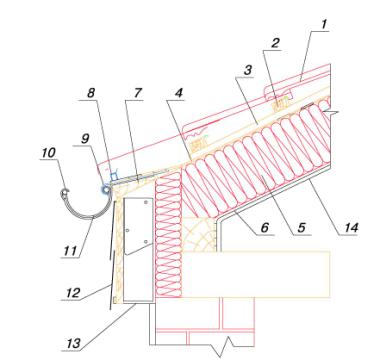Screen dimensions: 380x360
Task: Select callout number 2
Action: pyautogui.click(x=275, y=44)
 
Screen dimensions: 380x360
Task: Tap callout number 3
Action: pyautogui.click(x=247, y=71)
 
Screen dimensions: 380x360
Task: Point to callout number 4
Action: pyautogui.click(x=179, y=93)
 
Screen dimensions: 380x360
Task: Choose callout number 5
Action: pyautogui.click(x=301, y=228)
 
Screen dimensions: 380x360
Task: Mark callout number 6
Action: pyautogui.click(x=264, y=228)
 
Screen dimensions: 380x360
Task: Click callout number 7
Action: pyautogui.click(x=138, y=93)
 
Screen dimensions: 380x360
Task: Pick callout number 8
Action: pyautogui.click(x=91, y=93)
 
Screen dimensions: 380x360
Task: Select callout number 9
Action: pyautogui.click(x=86, y=139)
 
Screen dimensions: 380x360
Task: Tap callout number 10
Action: pyautogui.click(x=48, y=153)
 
